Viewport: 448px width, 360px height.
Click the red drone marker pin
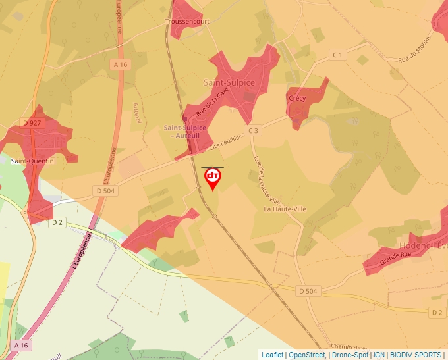[x=213, y=178]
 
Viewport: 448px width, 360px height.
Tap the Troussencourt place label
[x=186, y=22]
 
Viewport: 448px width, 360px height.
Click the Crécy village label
[x=297, y=99]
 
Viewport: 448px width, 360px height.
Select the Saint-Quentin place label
[x=32, y=161]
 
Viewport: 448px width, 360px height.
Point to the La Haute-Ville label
[x=285, y=209]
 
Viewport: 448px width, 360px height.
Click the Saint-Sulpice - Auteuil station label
[x=185, y=131]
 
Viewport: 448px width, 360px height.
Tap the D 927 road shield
[x=31, y=123]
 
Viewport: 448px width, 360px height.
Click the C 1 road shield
[x=338, y=55]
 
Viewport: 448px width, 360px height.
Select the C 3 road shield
[x=254, y=131]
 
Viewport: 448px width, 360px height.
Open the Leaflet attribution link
[x=272, y=355]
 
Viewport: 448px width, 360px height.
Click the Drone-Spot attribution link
[x=350, y=355]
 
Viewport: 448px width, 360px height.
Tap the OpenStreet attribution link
[x=306, y=355]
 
